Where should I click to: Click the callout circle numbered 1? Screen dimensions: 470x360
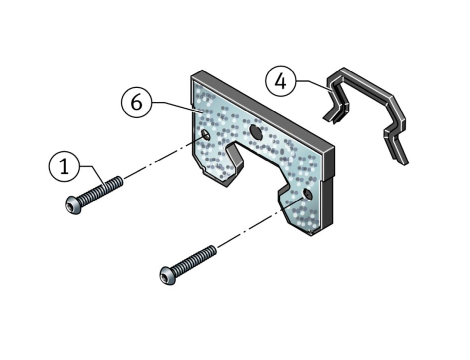64,166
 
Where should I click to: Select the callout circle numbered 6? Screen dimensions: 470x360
136,102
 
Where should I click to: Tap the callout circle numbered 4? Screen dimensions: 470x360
281,81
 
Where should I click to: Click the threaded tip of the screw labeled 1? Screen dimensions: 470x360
119,181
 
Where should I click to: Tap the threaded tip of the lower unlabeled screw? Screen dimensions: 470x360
213,251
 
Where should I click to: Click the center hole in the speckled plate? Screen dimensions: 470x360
256,131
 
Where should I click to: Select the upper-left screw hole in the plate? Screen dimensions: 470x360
205,135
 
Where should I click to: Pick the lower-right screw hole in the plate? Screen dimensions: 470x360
307,194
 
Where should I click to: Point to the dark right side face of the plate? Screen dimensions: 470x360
329,188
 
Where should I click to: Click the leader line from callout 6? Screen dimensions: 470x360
176,106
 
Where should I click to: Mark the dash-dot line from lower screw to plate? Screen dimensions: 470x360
260,223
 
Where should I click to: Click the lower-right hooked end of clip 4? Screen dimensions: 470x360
398,150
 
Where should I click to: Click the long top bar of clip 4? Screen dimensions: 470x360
367,85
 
